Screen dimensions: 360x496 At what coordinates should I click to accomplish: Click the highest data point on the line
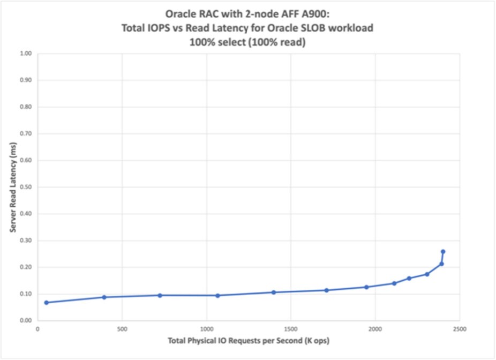click(x=443, y=252)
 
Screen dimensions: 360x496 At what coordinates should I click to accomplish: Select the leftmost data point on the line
click(x=46, y=303)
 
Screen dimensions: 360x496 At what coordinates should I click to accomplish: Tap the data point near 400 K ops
click(x=104, y=297)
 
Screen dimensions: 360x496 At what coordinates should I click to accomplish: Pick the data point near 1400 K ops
click(x=273, y=292)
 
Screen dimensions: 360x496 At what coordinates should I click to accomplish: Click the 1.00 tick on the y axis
click(x=26, y=54)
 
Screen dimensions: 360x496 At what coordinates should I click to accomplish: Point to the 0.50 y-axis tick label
click(x=26, y=187)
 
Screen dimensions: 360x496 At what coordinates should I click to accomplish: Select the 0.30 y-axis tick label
click(x=26, y=241)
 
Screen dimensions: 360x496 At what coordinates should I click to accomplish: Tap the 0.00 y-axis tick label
click(x=26, y=320)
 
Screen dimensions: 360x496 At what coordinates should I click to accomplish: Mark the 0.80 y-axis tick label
click(x=26, y=107)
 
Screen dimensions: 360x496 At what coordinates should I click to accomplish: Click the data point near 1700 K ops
click(x=326, y=290)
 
